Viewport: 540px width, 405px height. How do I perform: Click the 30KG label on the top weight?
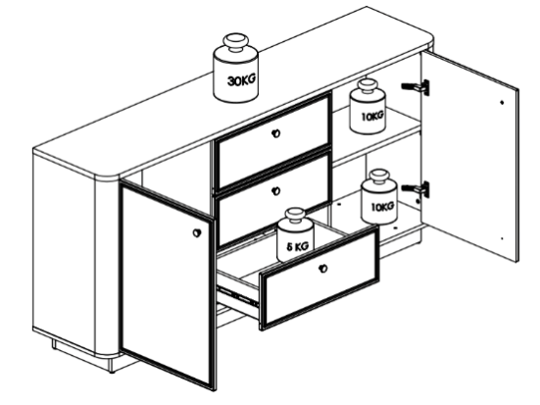click(x=242, y=80)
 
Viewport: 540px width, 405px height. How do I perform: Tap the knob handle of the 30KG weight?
click(x=235, y=42)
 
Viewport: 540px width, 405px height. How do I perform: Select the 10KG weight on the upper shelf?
click(x=368, y=106)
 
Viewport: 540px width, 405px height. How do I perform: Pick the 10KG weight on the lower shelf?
click(x=379, y=196)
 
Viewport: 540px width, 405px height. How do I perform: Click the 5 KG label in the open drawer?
click(x=298, y=246)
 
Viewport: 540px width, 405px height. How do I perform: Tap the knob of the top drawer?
click(x=275, y=133)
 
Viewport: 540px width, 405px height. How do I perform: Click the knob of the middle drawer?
click(x=275, y=190)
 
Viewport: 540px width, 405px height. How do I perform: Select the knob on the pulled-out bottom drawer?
click(x=323, y=268)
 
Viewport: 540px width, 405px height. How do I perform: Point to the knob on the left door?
click(x=197, y=232)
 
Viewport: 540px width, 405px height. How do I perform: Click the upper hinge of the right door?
click(x=416, y=87)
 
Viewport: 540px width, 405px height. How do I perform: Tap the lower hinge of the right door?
click(x=416, y=189)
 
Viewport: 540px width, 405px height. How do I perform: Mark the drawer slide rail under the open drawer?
click(x=237, y=296)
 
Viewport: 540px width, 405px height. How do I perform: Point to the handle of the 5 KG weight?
click(x=295, y=216)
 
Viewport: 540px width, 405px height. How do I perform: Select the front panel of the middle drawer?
click(x=273, y=196)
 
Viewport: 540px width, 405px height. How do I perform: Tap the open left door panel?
click(x=168, y=285)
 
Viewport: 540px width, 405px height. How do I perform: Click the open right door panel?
click(x=469, y=156)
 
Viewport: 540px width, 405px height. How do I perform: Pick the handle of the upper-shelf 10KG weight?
click(x=368, y=86)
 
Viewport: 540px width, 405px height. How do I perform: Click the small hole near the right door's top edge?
click(x=502, y=102)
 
